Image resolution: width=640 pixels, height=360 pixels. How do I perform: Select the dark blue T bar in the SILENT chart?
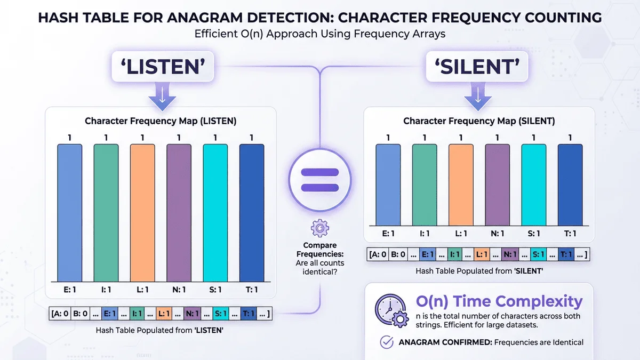coord(570,185)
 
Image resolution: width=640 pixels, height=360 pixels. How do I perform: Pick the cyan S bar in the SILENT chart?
coord(534,185)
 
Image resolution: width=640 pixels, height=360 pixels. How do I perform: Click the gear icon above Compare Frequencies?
coord(319,228)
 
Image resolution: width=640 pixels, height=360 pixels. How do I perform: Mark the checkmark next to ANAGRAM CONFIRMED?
coord(386,342)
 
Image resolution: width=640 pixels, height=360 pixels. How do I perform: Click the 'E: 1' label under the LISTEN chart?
coord(69,290)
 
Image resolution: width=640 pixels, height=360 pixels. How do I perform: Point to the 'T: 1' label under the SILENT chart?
coord(570,233)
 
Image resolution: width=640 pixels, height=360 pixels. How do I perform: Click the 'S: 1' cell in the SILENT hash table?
coord(538,255)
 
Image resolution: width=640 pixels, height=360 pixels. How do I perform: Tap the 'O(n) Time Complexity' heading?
coord(499,301)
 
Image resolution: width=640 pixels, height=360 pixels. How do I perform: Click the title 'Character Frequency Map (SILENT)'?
coord(478,121)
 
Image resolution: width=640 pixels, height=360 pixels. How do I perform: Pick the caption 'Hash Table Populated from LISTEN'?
coord(159,330)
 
